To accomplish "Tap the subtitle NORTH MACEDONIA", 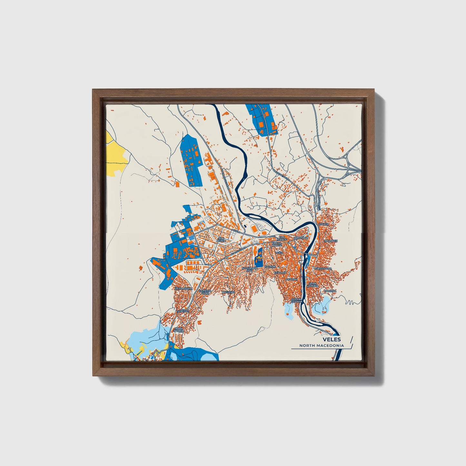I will click(321, 345).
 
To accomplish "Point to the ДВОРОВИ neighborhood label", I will click(301, 238).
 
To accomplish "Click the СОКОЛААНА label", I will click(323, 269).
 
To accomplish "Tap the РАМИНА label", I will click(330, 291).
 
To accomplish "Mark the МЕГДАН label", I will click(291, 279).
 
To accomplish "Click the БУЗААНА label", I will click(280, 273).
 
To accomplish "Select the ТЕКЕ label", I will click(279, 253).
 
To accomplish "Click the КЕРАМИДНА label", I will click(183, 288).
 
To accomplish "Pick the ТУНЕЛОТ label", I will click(183, 312).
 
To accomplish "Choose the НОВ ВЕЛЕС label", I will click(220, 240).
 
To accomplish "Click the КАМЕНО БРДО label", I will click(204, 292).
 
